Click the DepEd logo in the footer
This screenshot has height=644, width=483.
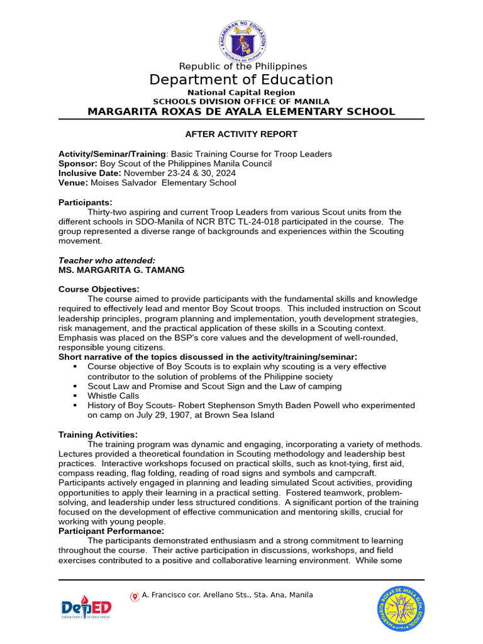pyautogui.click(x=86, y=608)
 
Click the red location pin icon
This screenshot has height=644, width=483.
pyautogui.click(x=135, y=596)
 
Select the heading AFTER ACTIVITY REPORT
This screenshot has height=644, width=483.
pyautogui.click(x=241, y=134)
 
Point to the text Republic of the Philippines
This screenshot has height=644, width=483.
pyautogui.click(x=243, y=66)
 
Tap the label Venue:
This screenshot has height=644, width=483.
pyautogui.click(x=73, y=183)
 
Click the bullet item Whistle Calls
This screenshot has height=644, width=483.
pyautogui.click(x=113, y=396)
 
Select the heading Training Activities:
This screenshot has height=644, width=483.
pyautogui.click(x=97, y=435)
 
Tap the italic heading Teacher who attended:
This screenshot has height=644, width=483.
pyautogui.click(x=106, y=260)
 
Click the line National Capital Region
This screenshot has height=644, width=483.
pyautogui.click(x=241, y=92)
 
